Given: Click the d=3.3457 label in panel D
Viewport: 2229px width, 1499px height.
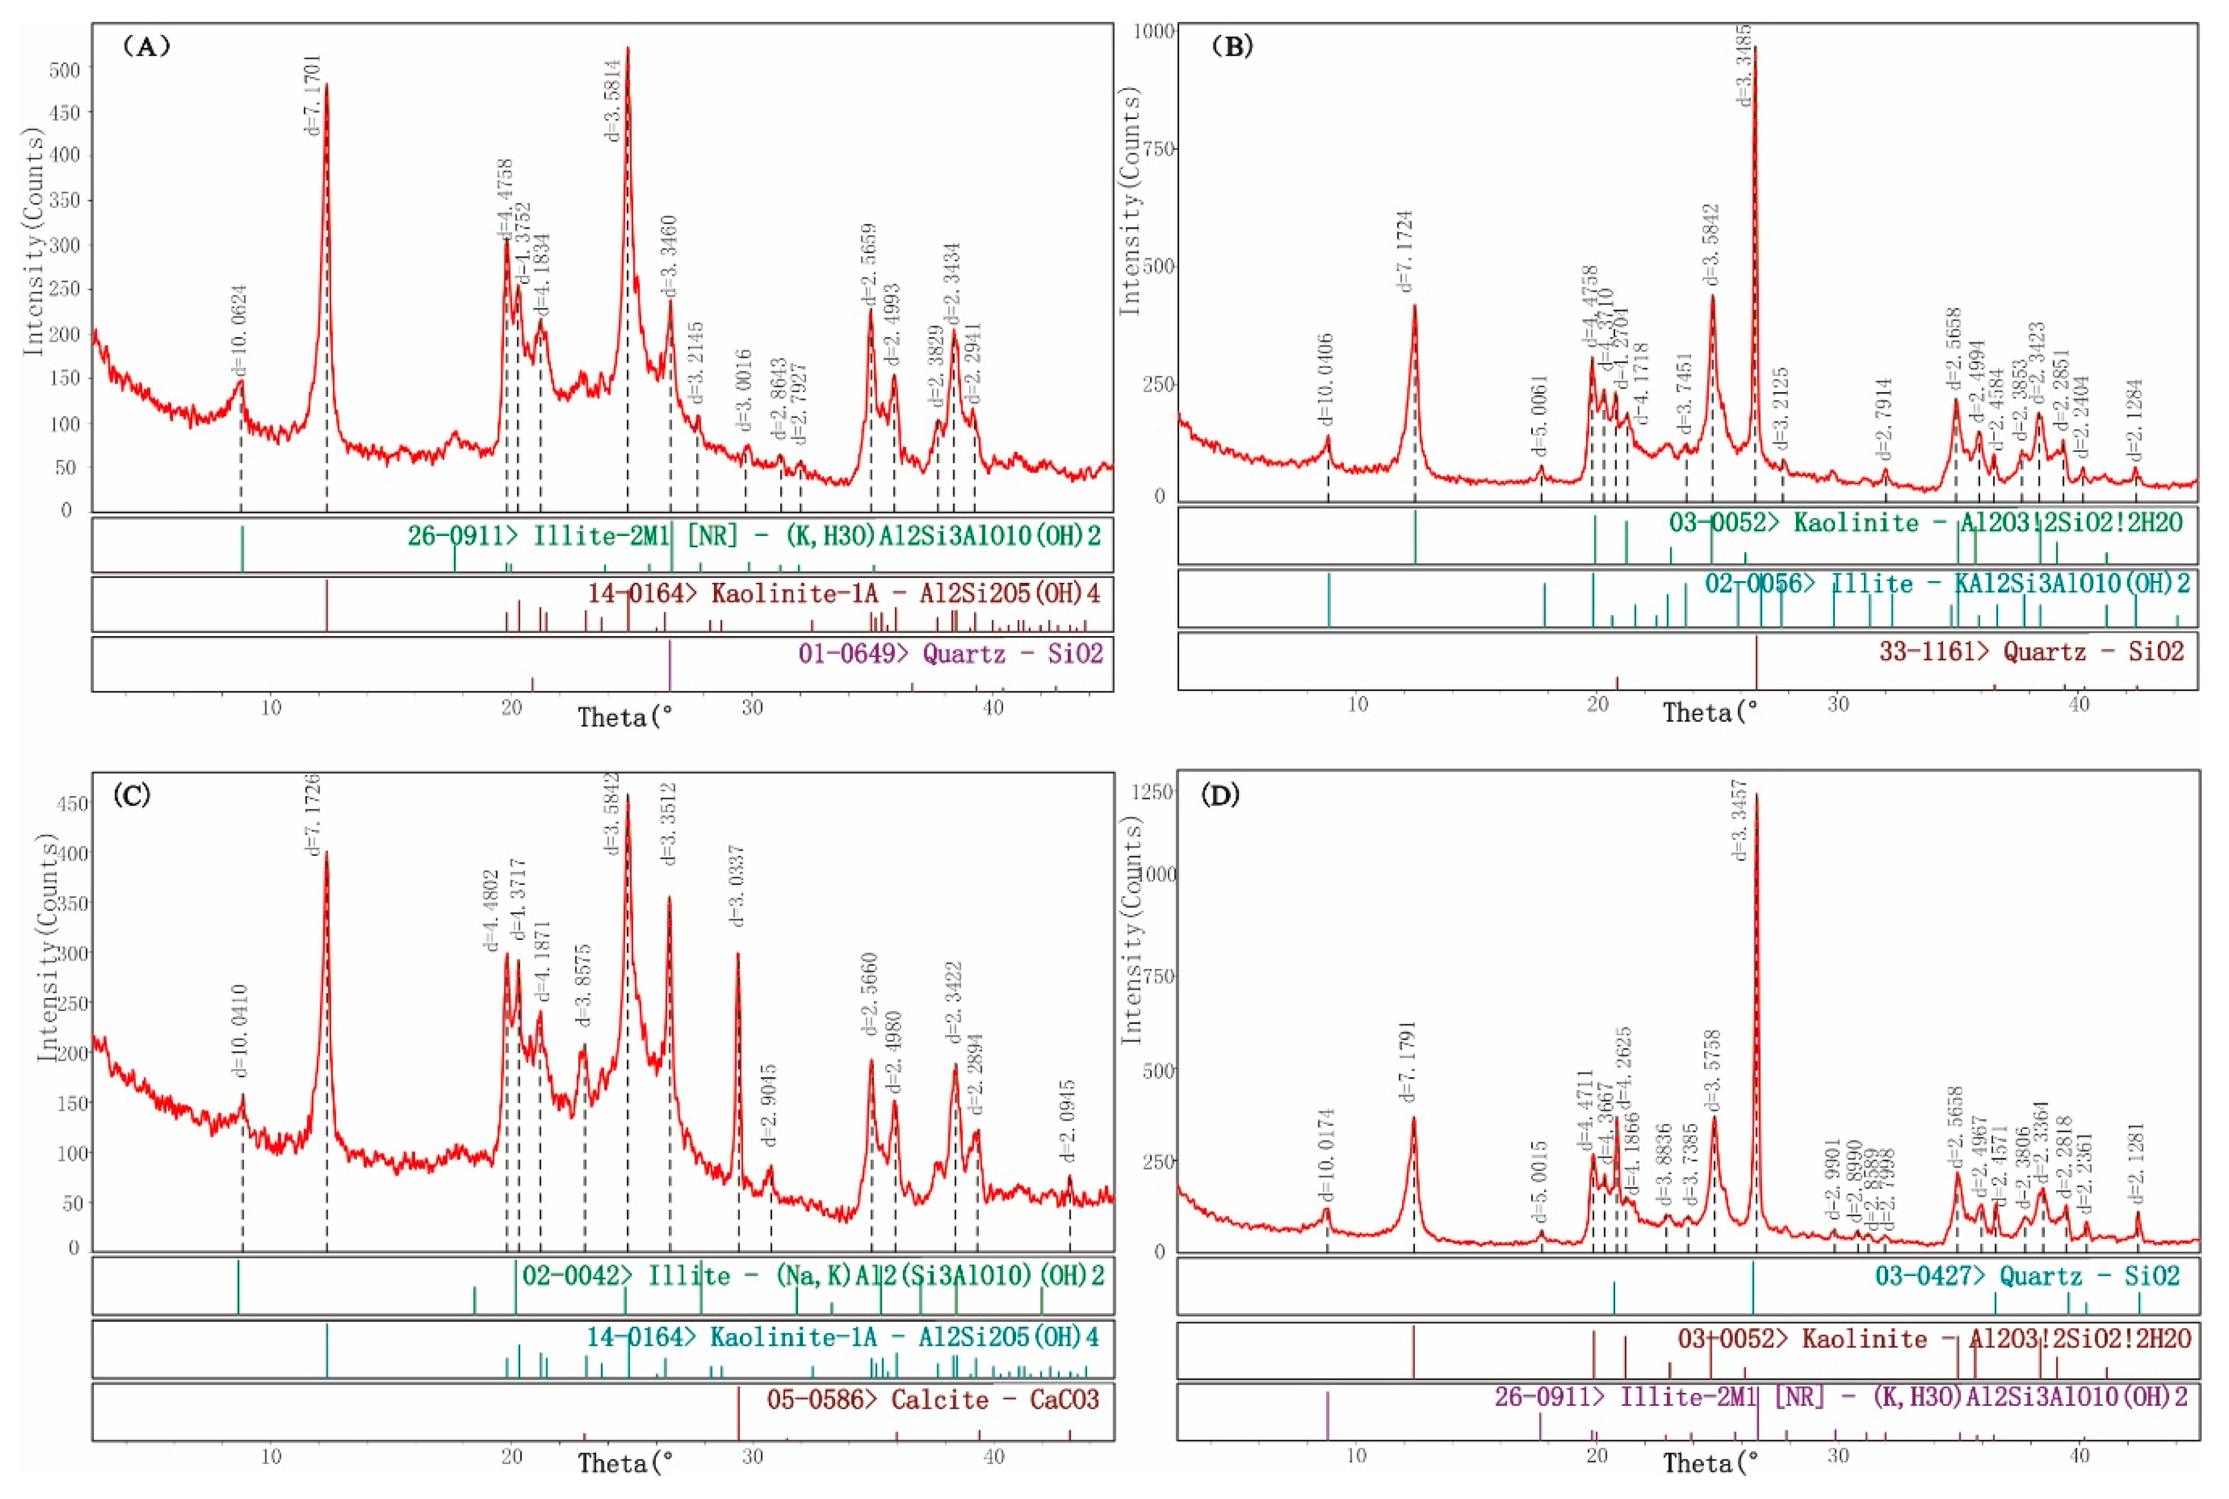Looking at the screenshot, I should point(1741,820).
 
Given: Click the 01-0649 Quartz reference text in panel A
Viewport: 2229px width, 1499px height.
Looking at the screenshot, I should point(950,654).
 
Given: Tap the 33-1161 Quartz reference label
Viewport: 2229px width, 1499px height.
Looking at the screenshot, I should point(2033,652).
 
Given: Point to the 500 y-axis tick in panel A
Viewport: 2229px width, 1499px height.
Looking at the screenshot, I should point(71,69).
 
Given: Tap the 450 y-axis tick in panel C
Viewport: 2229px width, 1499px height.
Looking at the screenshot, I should point(73,803).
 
